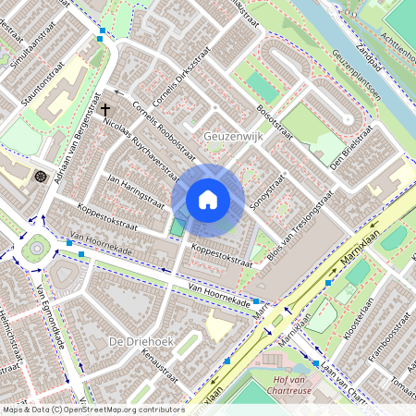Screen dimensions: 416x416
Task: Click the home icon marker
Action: (208, 200)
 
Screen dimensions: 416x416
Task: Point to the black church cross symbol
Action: (104, 108)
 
